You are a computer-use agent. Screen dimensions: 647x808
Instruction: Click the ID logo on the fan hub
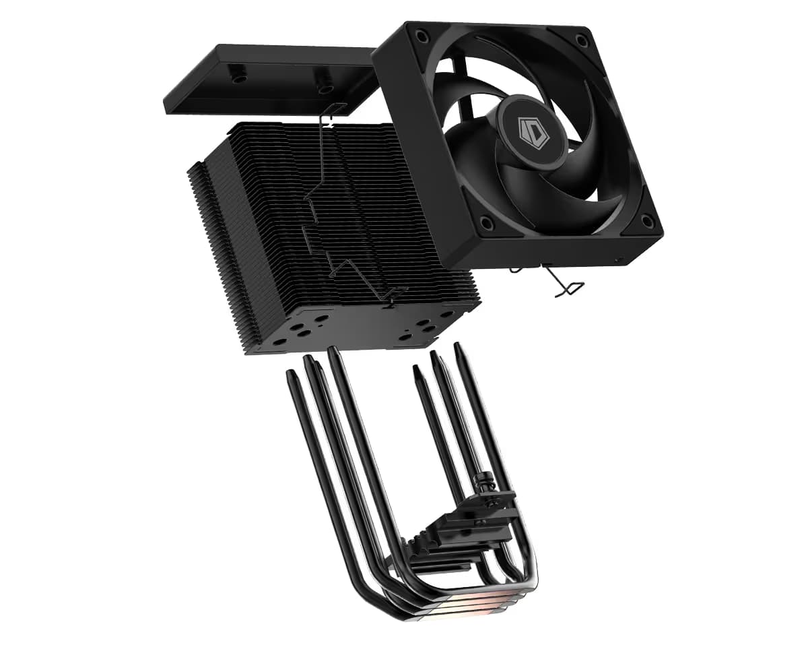pos(532,131)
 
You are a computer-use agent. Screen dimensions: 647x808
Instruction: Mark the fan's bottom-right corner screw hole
pos(647,220)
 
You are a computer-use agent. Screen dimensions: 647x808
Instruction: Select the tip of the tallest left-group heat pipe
pos(333,352)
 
